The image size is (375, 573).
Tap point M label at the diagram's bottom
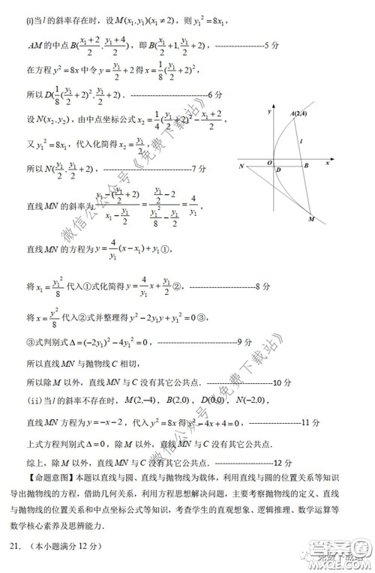tap(312, 219)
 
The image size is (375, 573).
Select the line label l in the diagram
tap(301, 140)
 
